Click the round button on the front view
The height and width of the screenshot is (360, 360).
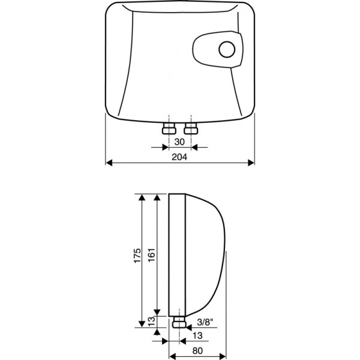[x=227, y=49]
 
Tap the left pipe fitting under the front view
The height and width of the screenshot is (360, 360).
[x=169, y=128]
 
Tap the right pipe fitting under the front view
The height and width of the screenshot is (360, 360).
[x=191, y=128]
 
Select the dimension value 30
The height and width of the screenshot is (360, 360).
[x=179, y=142]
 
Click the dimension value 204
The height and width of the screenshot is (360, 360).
[x=179, y=157]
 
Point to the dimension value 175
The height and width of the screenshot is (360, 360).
[x=137, y=256]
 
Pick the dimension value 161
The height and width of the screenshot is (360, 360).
[x=152, y=256]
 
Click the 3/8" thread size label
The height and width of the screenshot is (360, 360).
[x=205, y=322]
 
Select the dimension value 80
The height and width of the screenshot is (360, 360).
[x=197, y=350]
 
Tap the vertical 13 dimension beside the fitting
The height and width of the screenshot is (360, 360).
[x=152, y=322]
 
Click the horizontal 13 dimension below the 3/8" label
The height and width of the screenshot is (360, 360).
[x=197, y=335]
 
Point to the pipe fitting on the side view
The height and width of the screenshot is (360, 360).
[x=179, y=322]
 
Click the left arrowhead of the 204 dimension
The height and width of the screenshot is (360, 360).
[x=109, y=163]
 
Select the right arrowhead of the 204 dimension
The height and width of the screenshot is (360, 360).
[x=251, y=163]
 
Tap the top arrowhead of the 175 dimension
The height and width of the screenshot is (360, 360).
[x=142, y=197]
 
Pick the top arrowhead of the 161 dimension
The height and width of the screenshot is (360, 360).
[x=157, y=197]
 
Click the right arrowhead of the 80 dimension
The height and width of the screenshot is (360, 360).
[x=223, y=356]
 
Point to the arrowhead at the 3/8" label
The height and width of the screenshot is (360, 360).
[x=189, y=328]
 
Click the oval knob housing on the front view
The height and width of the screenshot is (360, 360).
[x=218, y=49]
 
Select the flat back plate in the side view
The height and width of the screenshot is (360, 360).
[x=177, y=255]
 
